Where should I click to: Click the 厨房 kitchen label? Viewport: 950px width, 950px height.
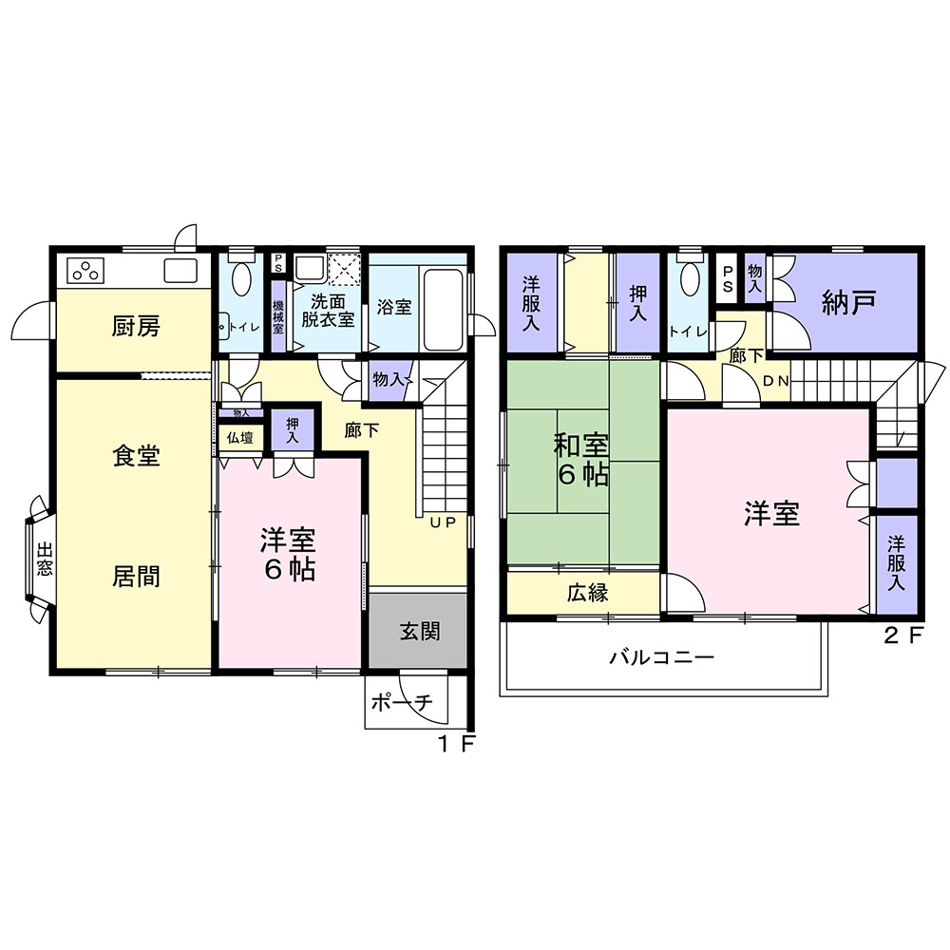pos(136,327)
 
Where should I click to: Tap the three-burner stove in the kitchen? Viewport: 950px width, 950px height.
pos(86,271)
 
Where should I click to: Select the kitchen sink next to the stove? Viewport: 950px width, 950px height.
pos(180,270)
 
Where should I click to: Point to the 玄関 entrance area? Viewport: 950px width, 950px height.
pos(419,632)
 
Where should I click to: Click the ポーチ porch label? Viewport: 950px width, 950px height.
pos(402,702)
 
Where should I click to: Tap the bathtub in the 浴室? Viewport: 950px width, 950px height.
pos(444,309)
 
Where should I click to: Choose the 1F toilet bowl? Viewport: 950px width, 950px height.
pos(241,278)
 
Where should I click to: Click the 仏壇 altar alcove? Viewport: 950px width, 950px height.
pos(240,437)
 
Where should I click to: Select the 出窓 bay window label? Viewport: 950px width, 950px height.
pos(45,558)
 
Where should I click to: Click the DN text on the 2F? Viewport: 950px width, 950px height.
pos(775,381)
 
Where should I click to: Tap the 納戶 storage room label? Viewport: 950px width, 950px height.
pos(848,302)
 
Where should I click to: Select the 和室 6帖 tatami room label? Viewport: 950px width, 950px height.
pos(581,461)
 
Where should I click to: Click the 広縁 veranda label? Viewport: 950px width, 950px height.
pos(588,593)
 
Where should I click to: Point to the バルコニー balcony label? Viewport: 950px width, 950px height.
pos(662,656)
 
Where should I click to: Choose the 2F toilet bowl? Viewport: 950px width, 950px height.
pos(690,278)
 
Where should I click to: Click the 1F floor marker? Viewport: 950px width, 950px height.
pos(456,744)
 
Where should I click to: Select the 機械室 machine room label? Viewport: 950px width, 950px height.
pos(278,317)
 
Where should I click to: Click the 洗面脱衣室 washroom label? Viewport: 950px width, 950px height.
pos(328,311)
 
